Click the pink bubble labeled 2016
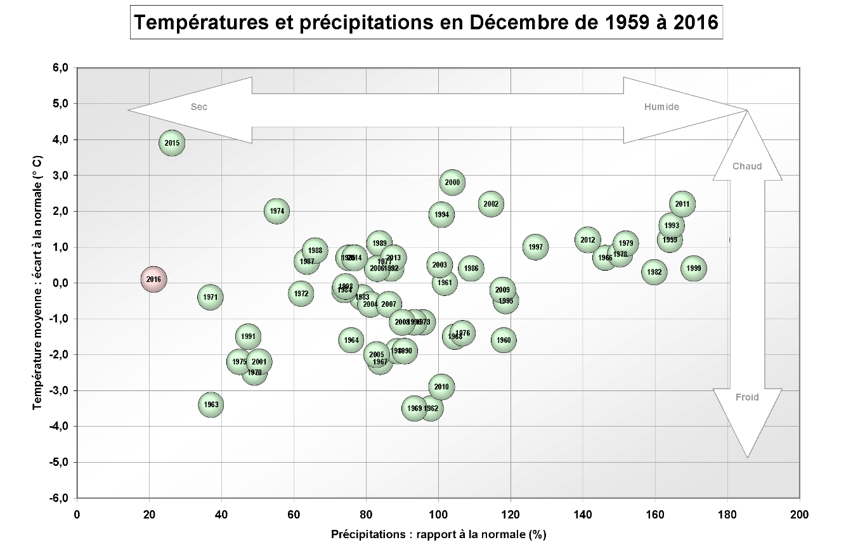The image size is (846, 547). [x=153, y=280]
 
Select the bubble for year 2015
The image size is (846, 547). [x=172, y=143]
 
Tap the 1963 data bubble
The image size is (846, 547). [x=211, y=404]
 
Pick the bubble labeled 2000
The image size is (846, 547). [x=452, y=183]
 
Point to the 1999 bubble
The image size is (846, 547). [x=694, y=268]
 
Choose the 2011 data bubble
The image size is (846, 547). [x=682, y=204]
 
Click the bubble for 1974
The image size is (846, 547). [x=277, y=211]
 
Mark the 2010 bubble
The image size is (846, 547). [x=441, y=387]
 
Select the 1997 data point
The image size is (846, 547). [x=536, y=247]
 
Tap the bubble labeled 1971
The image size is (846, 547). [x=211, y=297]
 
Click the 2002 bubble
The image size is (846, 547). [x=491, y=204]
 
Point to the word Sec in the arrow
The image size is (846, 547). [x=199, y=107]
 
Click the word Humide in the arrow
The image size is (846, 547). [x=661, y=107]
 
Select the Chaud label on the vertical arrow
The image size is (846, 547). [x=747, y=167]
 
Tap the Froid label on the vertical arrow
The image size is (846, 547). [x=747, y=397]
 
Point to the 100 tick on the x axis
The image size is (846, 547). [x=438, y=514]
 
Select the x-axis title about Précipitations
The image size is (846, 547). [x=438, y=534]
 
